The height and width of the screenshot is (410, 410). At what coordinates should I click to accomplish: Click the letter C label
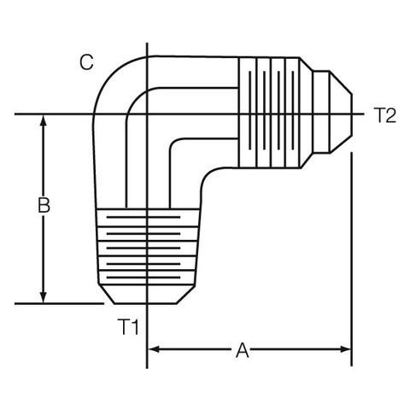pos(86,62)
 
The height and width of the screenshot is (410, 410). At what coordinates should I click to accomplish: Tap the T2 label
pos(384,115)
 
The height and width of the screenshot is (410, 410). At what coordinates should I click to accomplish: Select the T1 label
pos(128,327)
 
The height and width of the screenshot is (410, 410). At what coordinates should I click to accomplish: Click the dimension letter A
pos(243,350)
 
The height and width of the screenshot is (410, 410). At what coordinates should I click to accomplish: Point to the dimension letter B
pos(44,205)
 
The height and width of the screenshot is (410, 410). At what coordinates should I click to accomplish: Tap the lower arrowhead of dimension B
pos(44,298)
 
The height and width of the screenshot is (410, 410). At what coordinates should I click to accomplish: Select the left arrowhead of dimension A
pos(154,349)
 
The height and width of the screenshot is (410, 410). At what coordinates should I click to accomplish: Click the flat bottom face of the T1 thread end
pos(145,304)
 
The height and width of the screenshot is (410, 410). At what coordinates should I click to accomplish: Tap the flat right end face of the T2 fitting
pos(352,114)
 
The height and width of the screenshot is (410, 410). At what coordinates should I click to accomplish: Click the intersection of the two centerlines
pos(147,114)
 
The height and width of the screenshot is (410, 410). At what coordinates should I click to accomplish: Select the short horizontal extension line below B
pos(59,304)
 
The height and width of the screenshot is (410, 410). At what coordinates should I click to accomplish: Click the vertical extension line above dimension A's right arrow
pos(352,259)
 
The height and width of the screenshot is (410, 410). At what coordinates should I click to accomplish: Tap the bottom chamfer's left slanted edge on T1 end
pos(107,294)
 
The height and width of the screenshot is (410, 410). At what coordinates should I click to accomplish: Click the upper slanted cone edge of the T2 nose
pos(341,83)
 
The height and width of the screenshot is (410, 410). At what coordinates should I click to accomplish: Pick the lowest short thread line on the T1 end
pos(143,277)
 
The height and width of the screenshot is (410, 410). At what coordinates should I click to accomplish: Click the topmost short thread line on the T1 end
pos(143,217)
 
